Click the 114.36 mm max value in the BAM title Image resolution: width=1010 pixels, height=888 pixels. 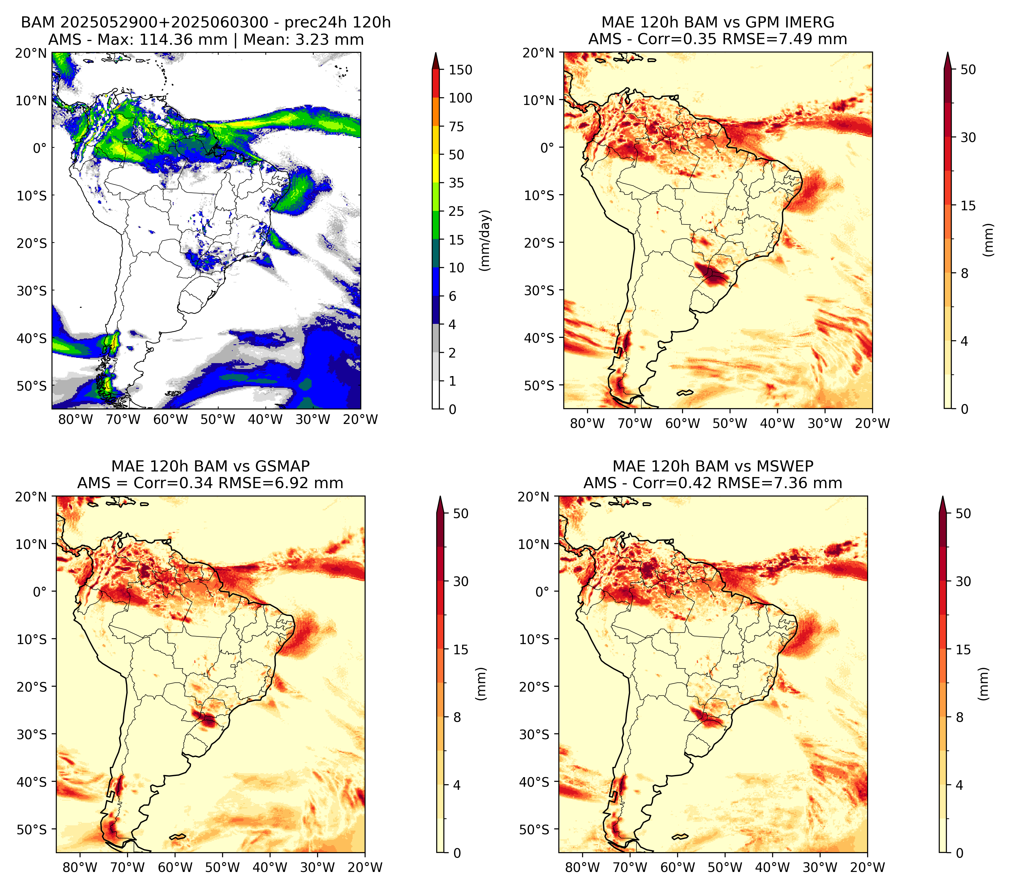point(183,40)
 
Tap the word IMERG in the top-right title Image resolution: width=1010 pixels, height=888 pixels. point(809,22)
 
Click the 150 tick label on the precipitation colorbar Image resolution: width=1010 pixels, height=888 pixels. point(461,70)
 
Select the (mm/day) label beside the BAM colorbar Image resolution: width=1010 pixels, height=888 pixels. point(485,240)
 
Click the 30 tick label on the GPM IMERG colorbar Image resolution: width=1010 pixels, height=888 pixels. point(968,137)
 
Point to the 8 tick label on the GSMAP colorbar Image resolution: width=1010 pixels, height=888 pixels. point(457,718)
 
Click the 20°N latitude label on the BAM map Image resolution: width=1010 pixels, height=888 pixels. point(31,53)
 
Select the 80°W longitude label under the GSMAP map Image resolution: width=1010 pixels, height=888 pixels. point(80,867)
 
